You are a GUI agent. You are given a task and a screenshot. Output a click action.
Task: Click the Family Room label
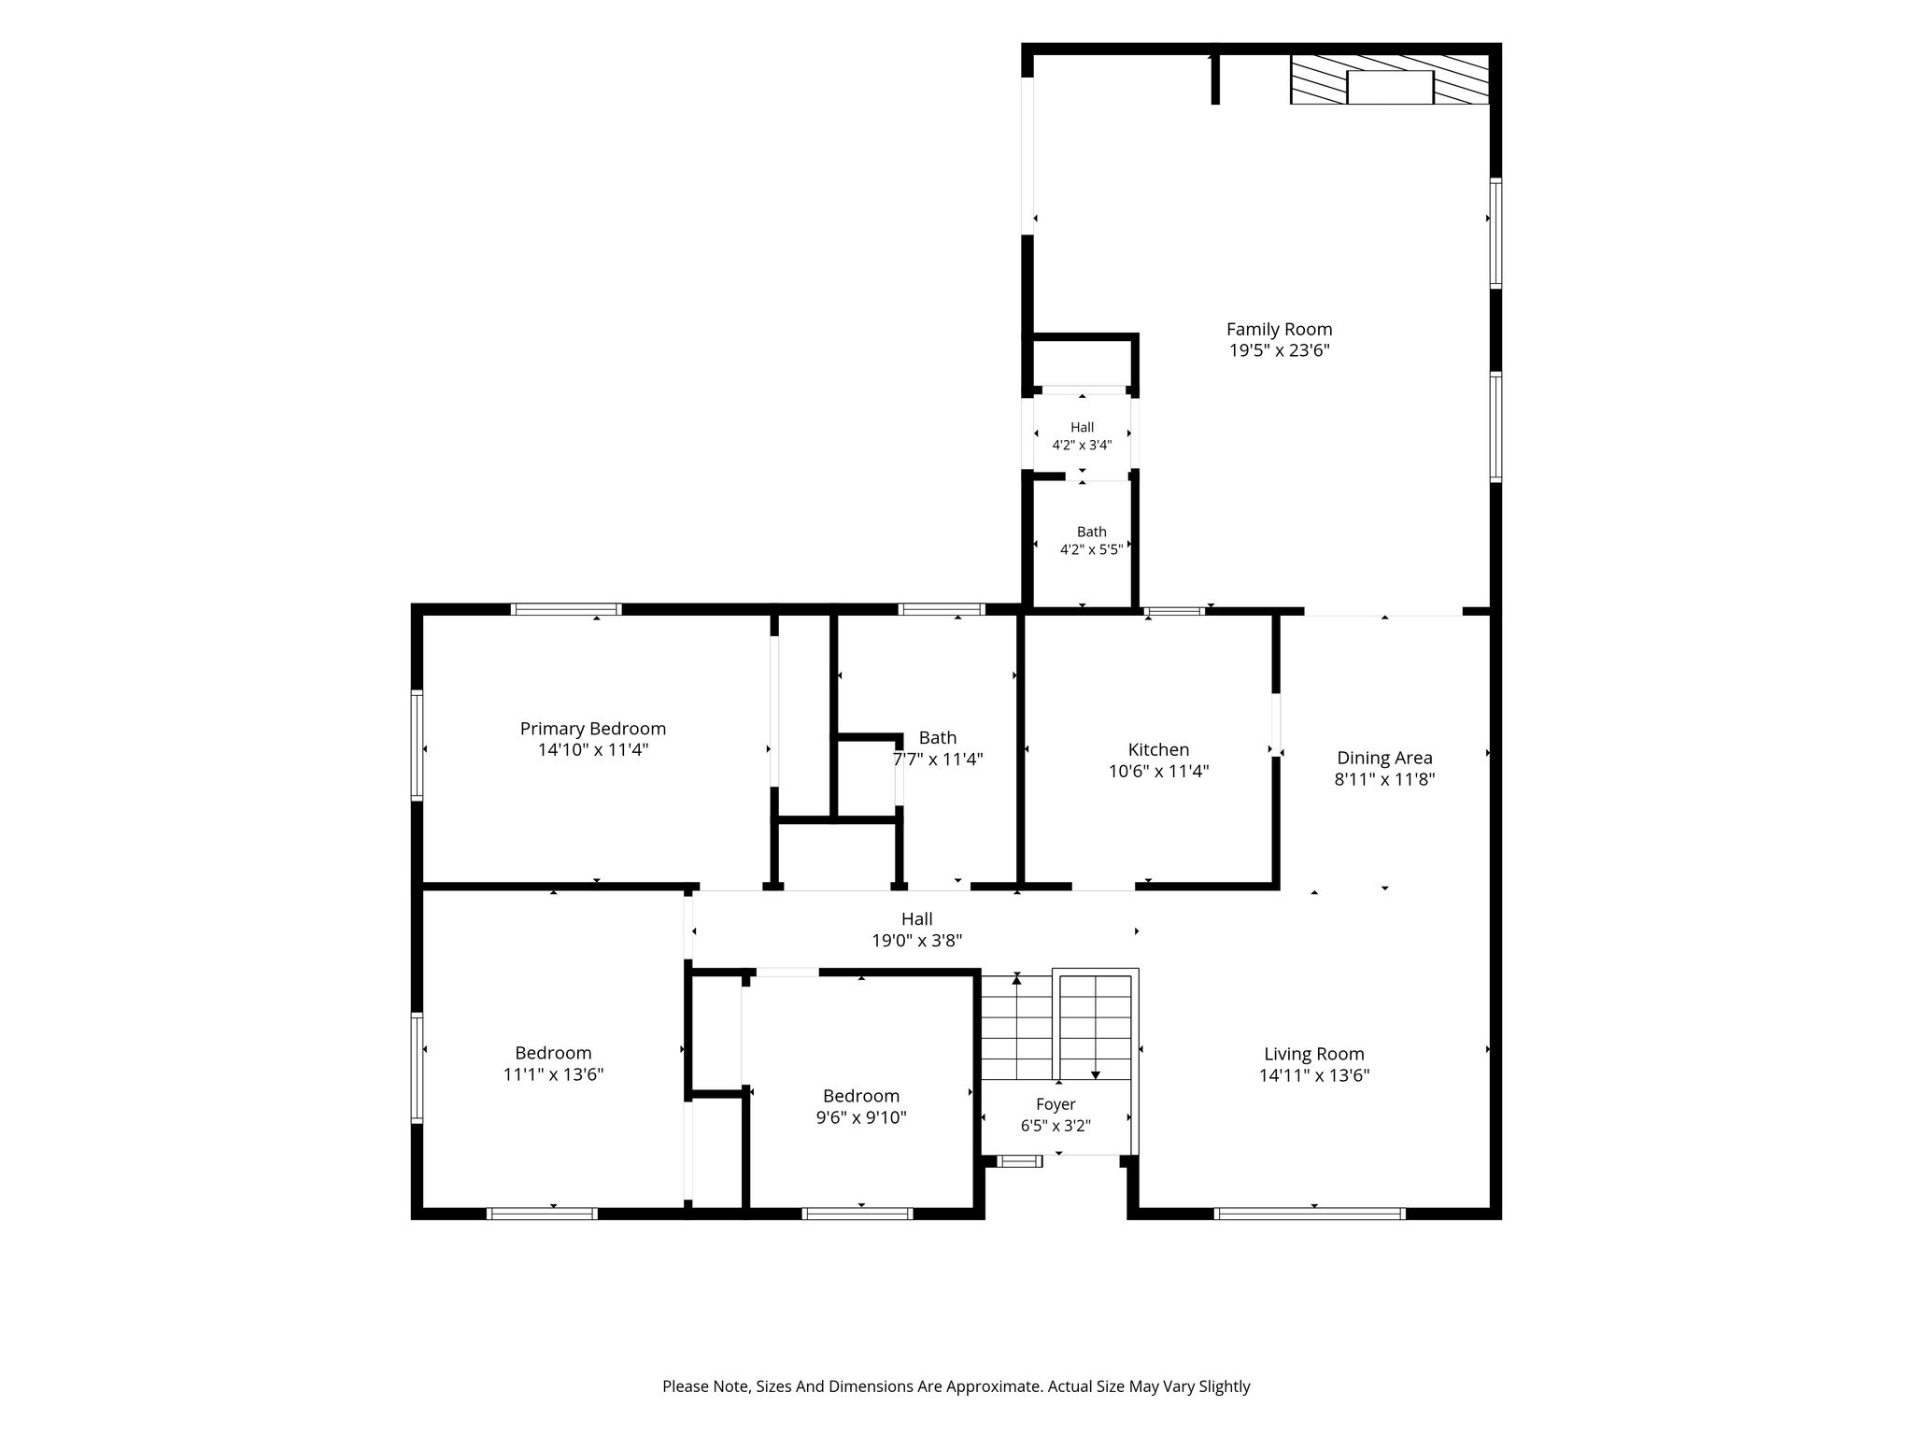(x=1279, y=329)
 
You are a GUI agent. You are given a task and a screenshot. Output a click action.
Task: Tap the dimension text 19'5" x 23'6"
(x=1279, y=350)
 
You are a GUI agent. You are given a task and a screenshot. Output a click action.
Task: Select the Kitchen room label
(x=1158, y=749)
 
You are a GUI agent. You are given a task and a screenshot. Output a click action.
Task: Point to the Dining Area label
(x=1384, y=758)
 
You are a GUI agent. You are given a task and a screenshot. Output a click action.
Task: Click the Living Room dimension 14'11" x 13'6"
(x=1314, y=1075)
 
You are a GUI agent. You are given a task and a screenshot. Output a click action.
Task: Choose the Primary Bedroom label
(x=593, y=729)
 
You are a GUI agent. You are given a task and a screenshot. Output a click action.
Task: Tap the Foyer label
(x=1056, y=1104)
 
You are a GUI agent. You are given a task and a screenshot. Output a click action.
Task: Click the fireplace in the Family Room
(x=1390, y=79)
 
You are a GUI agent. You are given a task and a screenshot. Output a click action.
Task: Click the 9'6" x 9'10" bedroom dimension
(x=861, y=1117)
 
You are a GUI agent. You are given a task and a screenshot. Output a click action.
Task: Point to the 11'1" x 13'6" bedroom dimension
(x=553, y=1074)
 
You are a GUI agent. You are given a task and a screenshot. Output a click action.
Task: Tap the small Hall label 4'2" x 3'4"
(x=1082, y=436)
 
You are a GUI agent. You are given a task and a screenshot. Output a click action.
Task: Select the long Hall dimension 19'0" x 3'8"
(x=917, y=941)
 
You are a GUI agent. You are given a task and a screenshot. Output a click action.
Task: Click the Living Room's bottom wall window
(x=1310, y=1214)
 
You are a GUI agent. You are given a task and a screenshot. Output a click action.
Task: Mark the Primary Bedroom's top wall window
(x=566, y=609)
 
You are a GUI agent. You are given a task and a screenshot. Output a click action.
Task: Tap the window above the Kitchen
(x=1175, y=612)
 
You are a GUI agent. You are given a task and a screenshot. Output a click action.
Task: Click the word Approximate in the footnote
(x=994, y=1386)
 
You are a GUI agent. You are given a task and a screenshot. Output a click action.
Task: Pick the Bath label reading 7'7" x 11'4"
(x=938, y=748)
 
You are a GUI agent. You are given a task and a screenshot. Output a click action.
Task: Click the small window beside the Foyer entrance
(x=1019, y=1161)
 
